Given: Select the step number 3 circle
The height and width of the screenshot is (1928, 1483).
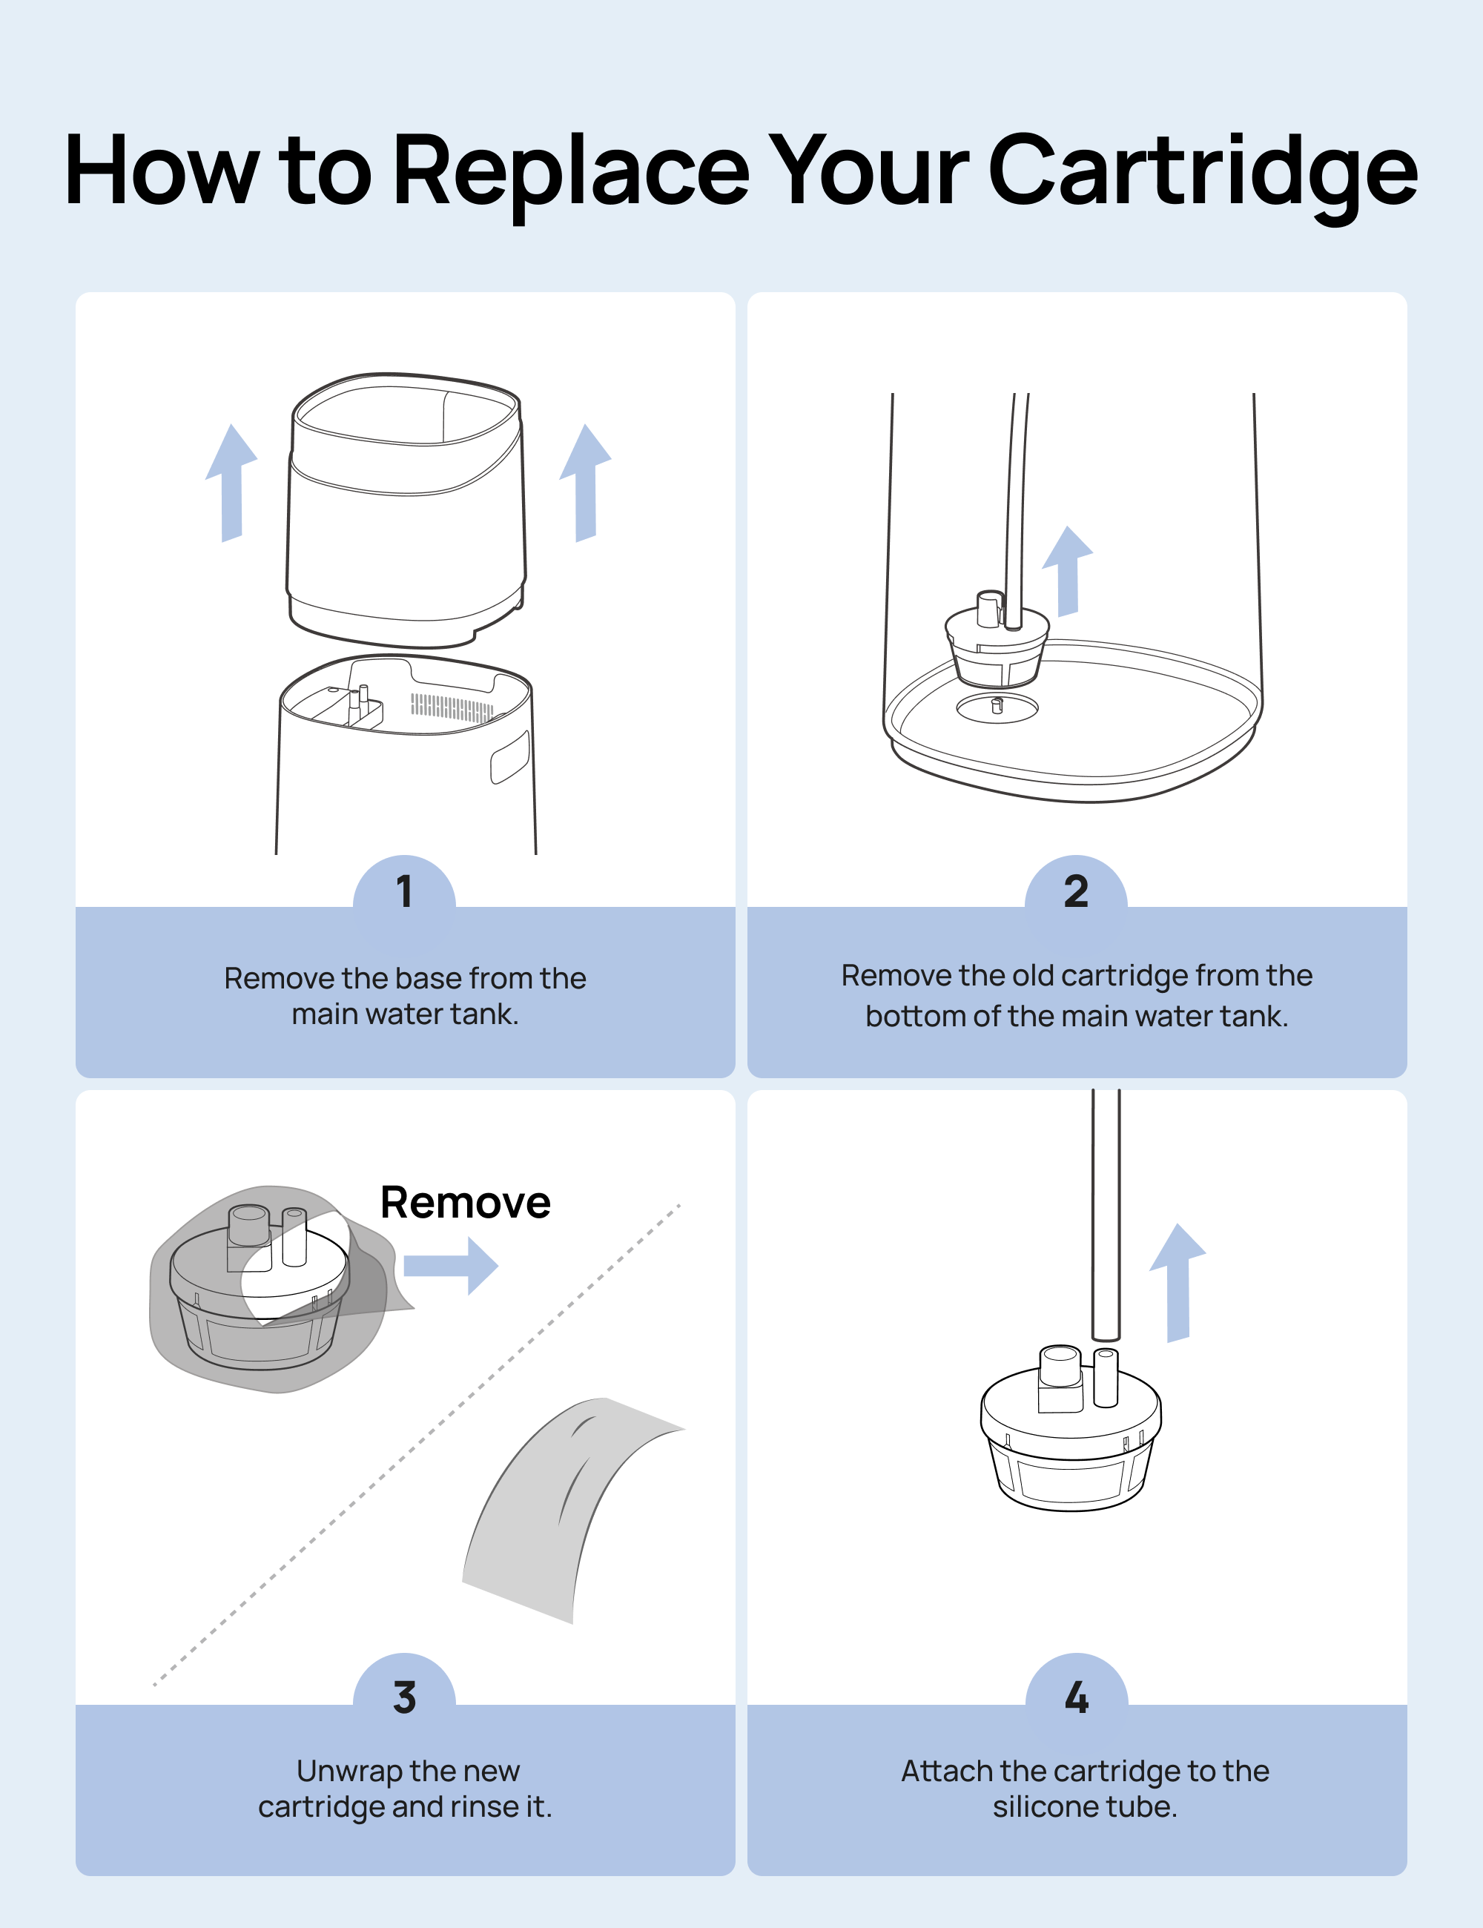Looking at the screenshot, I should point(404,1697).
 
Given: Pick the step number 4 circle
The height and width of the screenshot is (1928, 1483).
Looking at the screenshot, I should point(1076,1697).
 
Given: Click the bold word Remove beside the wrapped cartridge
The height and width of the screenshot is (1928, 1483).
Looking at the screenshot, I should point(465,1202).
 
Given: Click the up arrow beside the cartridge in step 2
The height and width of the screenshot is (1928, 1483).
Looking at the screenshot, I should point(1068,570).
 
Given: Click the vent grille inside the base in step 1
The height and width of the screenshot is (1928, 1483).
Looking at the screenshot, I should point(452,707).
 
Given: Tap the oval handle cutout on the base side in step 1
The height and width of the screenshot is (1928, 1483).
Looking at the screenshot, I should point(509,757).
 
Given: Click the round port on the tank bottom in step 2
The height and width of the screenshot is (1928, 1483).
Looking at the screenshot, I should point(997,706).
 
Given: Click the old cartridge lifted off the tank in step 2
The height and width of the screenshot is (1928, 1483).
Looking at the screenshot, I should point(997,644).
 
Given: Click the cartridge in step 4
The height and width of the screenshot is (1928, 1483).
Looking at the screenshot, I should point(1070,1435).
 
